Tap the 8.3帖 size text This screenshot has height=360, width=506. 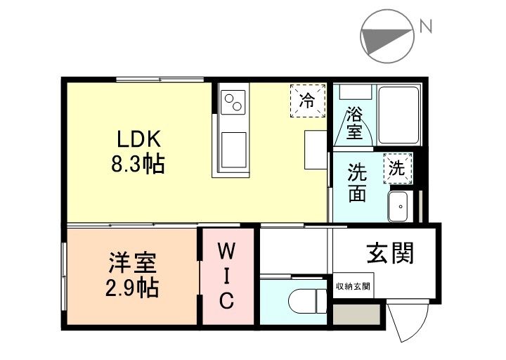[138, 166]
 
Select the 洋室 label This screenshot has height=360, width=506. [131, 264]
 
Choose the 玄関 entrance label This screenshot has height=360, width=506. [389, 252]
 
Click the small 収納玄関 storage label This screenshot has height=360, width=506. [353, 287]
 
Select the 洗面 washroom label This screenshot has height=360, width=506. [357, 182]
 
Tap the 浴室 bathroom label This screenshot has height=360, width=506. [355, 120]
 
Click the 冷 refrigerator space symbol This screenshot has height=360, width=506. [308, 101]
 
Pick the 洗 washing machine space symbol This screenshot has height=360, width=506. [398, 168]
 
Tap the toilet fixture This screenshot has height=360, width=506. [308, 302]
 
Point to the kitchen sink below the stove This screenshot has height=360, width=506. [233, 149]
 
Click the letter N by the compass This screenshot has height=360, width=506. [425, 27]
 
